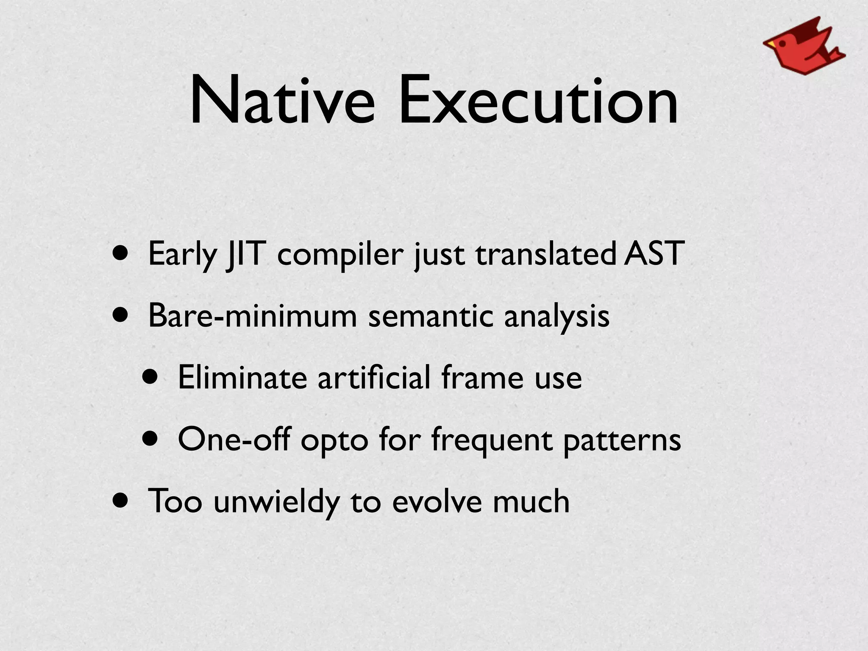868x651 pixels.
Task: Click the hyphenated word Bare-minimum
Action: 253,316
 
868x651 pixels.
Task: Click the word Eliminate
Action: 242,377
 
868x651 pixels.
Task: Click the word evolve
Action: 437,501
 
